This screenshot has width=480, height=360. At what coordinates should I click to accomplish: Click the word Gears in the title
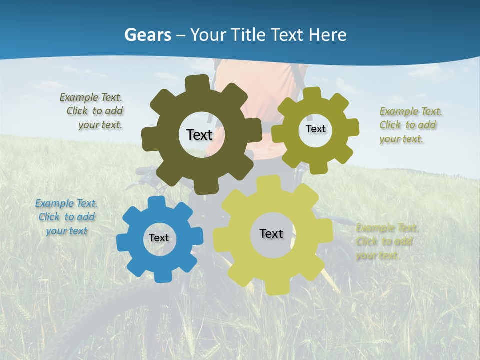pyautogui.click(x=147, y=35)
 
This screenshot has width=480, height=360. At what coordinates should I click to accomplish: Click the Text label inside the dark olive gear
pyautogui.click(x=199, y=135)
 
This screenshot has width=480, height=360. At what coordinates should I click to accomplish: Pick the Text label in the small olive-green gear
pyautogui.click(x=315, y=129)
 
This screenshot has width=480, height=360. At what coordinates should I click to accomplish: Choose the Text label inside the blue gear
pyautogui.click(x=159, y=238)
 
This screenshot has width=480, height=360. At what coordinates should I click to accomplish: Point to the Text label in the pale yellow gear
pyautogui.click(x=271, y=234)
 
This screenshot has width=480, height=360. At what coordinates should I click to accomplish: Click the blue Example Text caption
pyautogui.click(x=66, y=217)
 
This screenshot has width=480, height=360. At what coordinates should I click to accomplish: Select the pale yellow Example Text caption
pyautogui.click(x=387, y=242)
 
